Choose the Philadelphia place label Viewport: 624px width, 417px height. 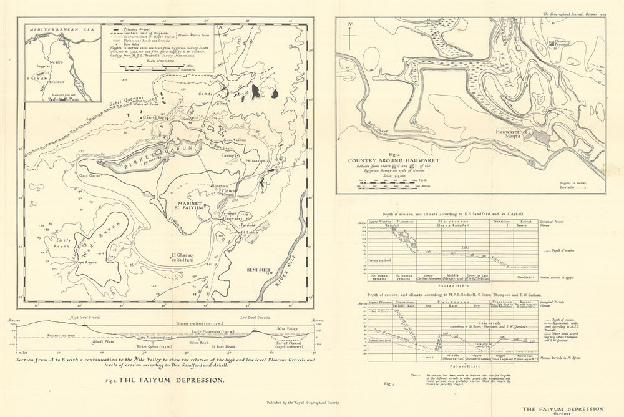point(255,162)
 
